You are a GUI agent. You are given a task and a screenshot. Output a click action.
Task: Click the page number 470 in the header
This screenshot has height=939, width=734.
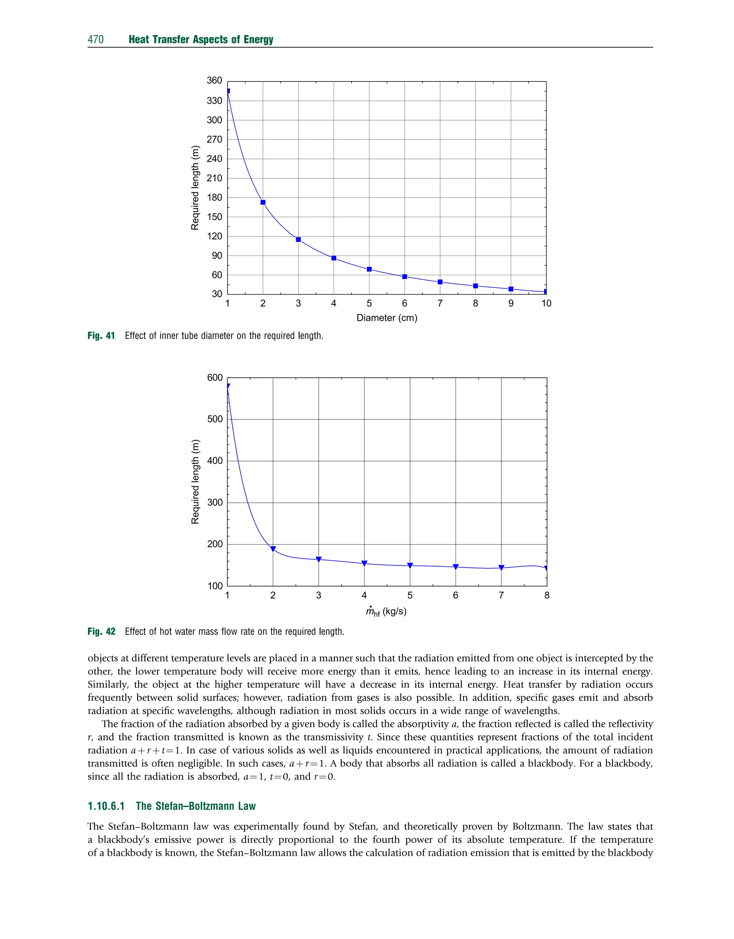[x=95, y=39]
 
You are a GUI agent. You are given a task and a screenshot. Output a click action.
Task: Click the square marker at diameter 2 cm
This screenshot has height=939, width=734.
[x=263, y=202]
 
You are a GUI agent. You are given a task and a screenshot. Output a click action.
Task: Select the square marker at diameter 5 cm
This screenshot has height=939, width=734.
[x=369, y=269]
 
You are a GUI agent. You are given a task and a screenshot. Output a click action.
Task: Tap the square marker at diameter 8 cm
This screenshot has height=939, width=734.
[x=475, y=286]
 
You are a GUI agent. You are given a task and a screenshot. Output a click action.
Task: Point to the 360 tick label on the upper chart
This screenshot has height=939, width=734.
[x=214, y=80]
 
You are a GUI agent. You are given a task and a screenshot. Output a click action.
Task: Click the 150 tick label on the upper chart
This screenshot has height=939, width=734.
[x=214, y=217]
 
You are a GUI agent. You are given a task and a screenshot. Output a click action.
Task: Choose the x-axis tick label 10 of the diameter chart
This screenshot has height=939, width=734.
[x=546, y=304]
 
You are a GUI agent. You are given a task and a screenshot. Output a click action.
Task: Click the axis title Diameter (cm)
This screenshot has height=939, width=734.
[x=387, y=318]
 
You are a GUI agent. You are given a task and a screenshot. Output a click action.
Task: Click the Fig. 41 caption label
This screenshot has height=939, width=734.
[x=101, y=335]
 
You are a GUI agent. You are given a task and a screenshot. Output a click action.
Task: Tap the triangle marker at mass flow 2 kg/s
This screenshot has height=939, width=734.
[x=273, y=549]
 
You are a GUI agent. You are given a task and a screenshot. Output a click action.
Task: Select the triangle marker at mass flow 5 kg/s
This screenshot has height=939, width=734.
[x=410, y=565]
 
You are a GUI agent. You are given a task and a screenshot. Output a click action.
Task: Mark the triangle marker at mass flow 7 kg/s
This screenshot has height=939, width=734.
[x=501, y=568]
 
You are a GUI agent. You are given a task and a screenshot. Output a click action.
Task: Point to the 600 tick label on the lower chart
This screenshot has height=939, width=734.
[x=215, y=378]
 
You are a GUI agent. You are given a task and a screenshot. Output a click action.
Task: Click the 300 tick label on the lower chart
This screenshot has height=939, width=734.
[x=215, y=502]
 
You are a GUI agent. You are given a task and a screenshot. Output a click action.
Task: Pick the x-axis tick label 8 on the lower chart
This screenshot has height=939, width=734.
[x=547, y=595]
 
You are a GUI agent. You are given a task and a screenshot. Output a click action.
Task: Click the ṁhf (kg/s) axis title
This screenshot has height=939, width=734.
[x=386, y=612]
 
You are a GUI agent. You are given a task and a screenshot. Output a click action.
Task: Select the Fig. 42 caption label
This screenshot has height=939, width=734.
[x=101, y=632]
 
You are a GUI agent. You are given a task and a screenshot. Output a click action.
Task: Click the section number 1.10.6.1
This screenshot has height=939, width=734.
[x=106, y=806]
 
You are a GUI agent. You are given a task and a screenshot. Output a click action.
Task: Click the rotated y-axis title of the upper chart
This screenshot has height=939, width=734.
[x=195, y=188]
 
